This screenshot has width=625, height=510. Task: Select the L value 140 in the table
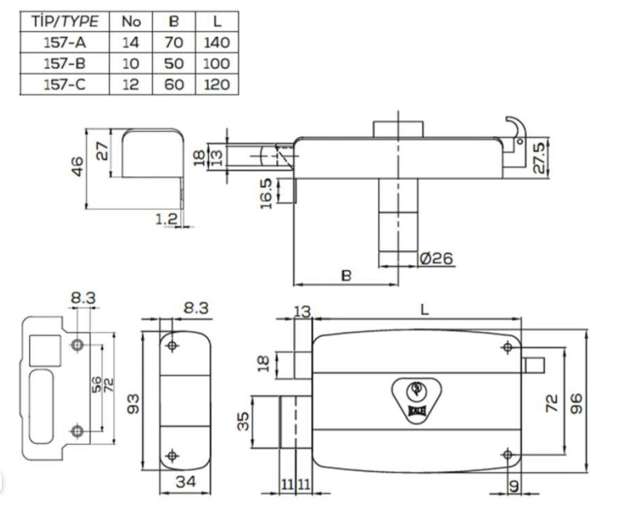click(216, 42)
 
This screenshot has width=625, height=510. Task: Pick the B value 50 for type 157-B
click(174, 64)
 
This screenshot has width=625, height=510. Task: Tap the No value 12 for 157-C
click(131, 84)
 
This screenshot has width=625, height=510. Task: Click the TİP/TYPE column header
click(64, 21)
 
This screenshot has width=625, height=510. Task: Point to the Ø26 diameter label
click(436, 258)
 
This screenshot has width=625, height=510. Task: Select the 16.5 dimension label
click(266, 192)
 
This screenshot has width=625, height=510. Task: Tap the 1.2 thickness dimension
click(167, 218)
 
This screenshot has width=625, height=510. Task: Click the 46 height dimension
click(77, 166)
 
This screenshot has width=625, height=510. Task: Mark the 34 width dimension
click(185, 482)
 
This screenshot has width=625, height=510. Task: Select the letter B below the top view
click(346, 275)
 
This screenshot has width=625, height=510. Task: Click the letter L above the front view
click(425, 309)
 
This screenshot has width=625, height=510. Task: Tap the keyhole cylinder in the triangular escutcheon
click(414, 391)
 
